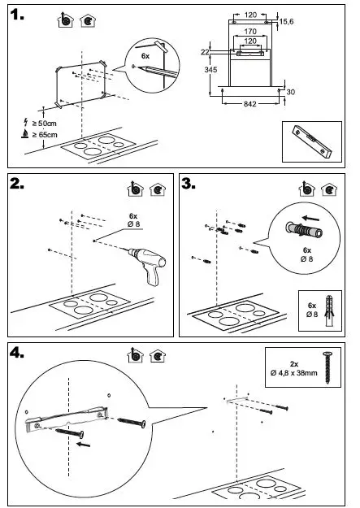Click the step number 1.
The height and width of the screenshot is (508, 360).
(x=16, y=15)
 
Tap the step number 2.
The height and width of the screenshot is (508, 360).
(x=16, y=184)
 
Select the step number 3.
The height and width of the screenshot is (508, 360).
(x=189, y=184)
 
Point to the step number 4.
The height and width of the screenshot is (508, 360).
(x=16, y=353)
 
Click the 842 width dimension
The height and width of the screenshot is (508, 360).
(x=249, y=104)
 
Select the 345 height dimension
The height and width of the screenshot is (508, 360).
(x=210, y=70)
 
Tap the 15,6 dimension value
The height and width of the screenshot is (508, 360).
(x=286, y=22)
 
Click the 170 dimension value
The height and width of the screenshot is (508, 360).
(x=250, y=32)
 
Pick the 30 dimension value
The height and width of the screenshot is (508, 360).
(x=291, y=92)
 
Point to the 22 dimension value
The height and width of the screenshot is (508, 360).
(x=205, y=52)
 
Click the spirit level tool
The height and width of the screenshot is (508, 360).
(x=312, y=141)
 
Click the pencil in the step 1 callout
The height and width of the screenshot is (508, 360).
(x=157, y=72)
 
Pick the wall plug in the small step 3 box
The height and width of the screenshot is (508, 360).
(x=329, y=310)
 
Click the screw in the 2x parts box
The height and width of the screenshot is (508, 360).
(x=328, y=367)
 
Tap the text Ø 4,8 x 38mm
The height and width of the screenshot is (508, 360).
(x=294, y=373)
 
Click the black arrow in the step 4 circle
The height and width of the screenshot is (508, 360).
(x=83, y=444)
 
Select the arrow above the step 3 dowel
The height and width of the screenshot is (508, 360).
(x=310, y=218)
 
